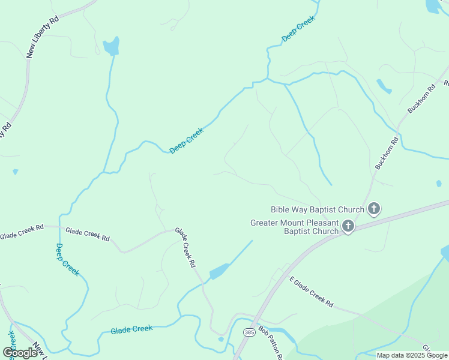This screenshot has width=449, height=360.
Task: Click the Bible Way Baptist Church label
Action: click(x=318, y=209)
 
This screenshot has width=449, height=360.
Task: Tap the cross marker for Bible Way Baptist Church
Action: click(x=374, y=209)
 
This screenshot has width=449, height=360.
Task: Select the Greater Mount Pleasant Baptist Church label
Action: click(x=294, y=227)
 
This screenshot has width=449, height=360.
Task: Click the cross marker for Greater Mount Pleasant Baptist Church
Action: click(x=348, y=226)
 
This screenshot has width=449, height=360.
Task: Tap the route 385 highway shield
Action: click(x=249, y=332)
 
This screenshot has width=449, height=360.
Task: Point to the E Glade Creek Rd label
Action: click(x=311, y=292)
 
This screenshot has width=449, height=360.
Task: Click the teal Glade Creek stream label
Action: click(x=131, y=329)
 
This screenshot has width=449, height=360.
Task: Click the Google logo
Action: click(x=20, y=353)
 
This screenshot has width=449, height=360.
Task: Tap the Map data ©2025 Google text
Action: click(x=412, y=355)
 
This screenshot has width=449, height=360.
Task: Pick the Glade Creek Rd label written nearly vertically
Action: click(x=185, y=247)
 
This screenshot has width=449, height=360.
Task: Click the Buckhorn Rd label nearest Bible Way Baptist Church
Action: click(x=387, y=154)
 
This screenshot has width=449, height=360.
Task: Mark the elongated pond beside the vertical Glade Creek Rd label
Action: click(x=219, y=271)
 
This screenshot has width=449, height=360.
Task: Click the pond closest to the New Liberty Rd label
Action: click(x=111, y=46)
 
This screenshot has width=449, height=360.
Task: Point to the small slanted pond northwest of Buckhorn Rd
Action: click(x=384, y=86)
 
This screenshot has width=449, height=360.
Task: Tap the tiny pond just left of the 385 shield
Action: click(x=221, y=339)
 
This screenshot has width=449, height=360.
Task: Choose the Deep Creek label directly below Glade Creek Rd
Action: click(x=67, y=259)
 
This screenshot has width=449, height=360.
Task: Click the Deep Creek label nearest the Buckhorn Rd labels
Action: click(x=298, y=28)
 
